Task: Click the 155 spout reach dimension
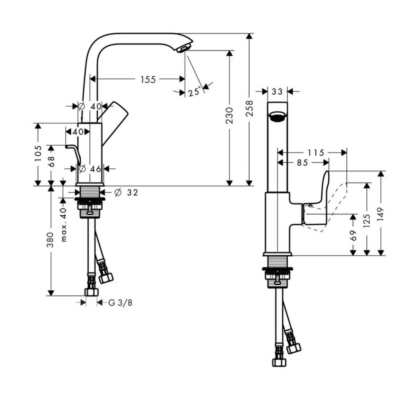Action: click(x=148, y=79)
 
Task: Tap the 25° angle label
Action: click(x=194, y=92)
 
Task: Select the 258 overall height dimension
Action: click(x=249, y=108)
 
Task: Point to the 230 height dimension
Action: click(x=229, y=116)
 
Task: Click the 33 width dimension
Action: click(x=277, y=92)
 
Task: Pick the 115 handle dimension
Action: click(x=316, y=153)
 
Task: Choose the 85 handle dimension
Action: click(x=302, y=163)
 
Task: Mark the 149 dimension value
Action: click(x=381, y=214)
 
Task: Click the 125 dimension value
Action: click(x=367, y=221)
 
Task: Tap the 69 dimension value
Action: click(x=353, y=235)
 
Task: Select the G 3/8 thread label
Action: click(x=120, y=303)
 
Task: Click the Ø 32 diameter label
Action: click(x=127, y=193)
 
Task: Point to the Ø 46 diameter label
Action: click(x=90, y=169)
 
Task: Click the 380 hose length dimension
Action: click(x=51, y=240)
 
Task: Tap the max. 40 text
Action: click(x=63, y=225)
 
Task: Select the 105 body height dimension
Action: click(x=38, y=153)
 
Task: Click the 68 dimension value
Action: click(x=51, y=162)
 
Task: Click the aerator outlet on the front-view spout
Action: click(x=277, y=116)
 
